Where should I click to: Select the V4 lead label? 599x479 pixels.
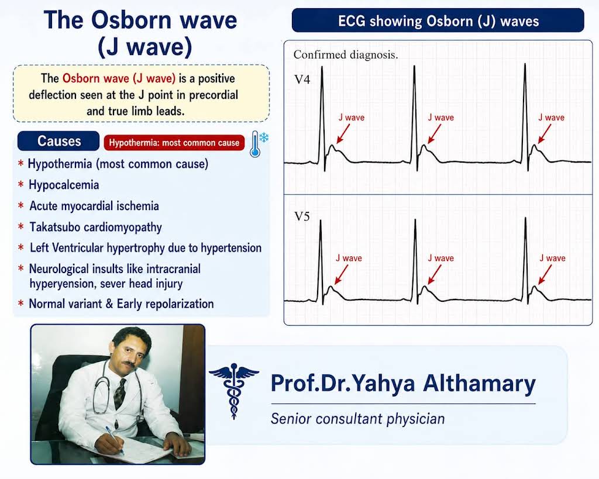pos(302,80)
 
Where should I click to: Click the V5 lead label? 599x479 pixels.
pos(302,216)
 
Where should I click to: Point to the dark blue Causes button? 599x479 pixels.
pos(58,142)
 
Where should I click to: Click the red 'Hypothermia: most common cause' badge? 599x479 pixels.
pos(174,143)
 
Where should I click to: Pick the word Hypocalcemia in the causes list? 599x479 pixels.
pos(64,185)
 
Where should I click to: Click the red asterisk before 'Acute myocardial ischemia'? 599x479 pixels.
pos(21,205)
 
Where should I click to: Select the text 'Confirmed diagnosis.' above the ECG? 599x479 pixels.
pos(346,55)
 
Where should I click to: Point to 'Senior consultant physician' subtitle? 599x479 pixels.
pos(357,419)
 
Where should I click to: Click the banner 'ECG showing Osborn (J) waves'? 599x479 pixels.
pos(438,20)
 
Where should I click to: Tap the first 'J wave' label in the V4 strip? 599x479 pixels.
pos(352,118)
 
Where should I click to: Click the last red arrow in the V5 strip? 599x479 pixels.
pos(545,275)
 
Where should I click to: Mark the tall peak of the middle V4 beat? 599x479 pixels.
pos(414,67)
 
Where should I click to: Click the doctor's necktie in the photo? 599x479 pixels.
pos(119,393)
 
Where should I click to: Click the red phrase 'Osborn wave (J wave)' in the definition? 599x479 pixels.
pos(119,79)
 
